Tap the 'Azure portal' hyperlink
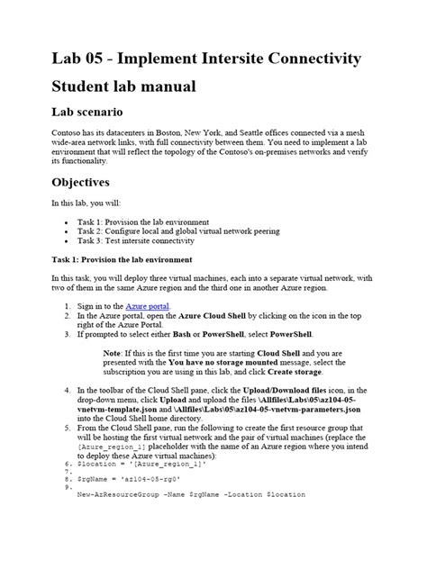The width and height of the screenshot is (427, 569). (145, 306)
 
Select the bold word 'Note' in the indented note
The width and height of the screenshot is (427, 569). (113, 352)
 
